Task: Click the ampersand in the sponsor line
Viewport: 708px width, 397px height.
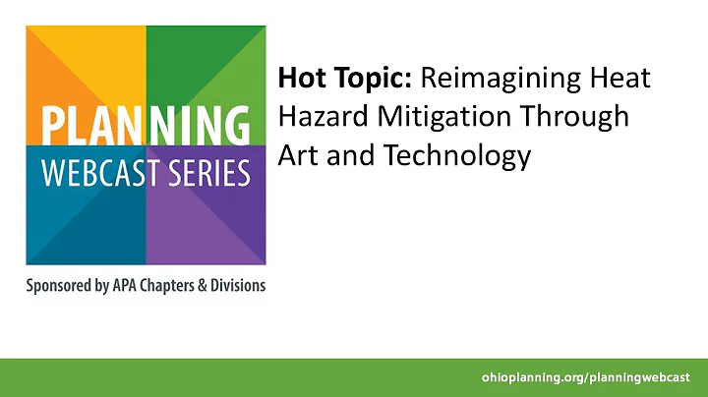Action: [x=213, y=286]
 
